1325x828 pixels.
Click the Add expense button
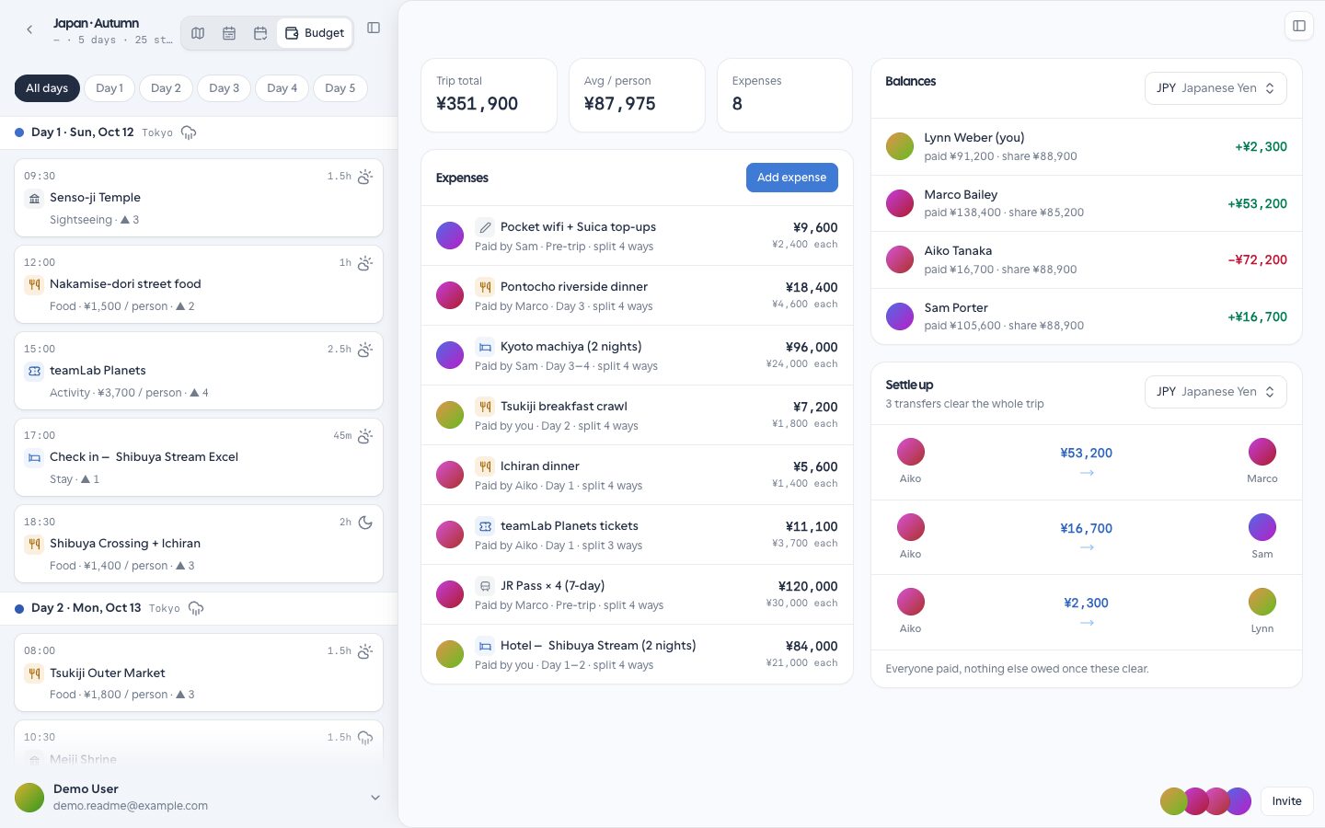pos(791,178)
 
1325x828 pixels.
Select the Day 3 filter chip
pos(224,88)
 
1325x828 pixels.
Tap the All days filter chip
pos(47,88)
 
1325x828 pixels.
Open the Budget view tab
pos(315,33)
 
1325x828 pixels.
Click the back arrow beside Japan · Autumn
pos(29,29)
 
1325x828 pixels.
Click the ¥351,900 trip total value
pos(477,104)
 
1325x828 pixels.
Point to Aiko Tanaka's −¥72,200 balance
pos(1257,259)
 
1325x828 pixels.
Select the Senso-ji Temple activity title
pos(96,198)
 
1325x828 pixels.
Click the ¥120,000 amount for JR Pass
pos(808,586)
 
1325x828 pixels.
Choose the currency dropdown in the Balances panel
pos(1216,88)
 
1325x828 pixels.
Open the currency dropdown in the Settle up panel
pos(1216,392)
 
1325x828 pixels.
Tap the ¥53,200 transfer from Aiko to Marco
pos(1086,453)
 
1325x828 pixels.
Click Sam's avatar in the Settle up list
pos(1262,527)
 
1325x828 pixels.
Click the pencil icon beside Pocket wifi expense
pos(484,227)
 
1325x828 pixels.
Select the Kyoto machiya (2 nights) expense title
pos(570,347)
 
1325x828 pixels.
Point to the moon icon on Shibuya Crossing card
pos(365,523)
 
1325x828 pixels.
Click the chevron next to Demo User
pos(375,798)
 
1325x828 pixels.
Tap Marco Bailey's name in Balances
pos(961,195)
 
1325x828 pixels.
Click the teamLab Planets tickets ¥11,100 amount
pos(811,526)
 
